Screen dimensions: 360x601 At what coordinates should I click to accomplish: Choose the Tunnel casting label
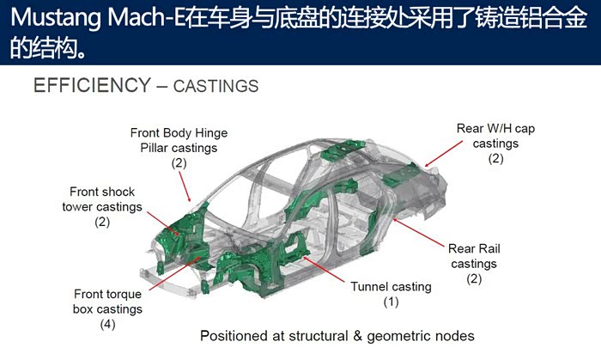tap(391, 286)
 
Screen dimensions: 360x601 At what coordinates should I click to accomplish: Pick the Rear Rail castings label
tap(473, 256)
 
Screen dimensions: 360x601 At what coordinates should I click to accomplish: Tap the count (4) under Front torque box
tap(107, 324)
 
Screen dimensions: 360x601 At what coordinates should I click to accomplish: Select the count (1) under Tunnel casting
tap(391, 302)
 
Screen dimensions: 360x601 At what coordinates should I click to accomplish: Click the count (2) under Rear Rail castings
tap(473, 279)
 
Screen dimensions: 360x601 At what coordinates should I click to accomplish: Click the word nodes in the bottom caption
tap(454, 335)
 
